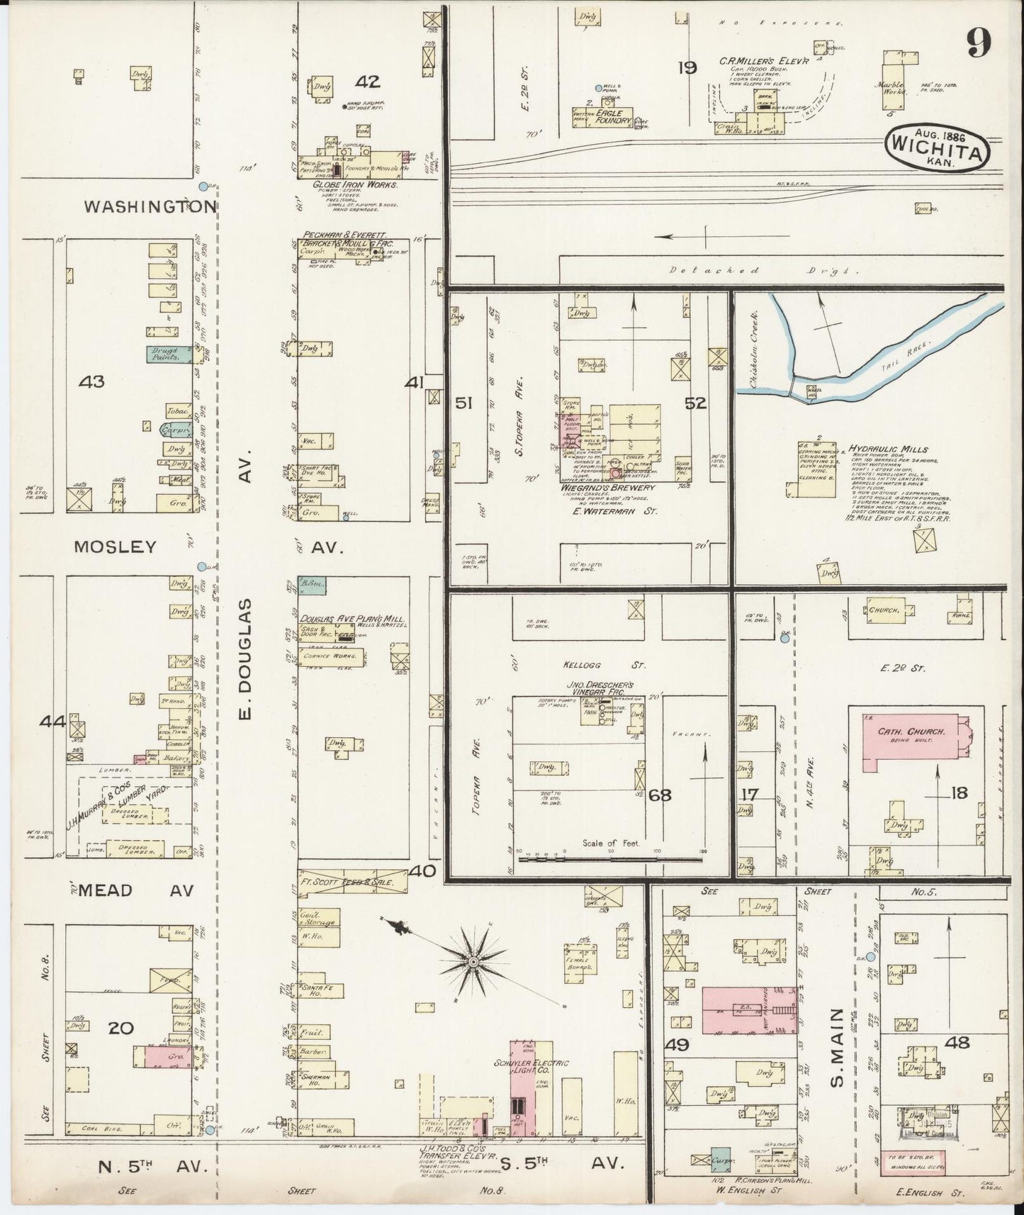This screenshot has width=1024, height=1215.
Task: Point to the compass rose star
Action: [x=473, y=962]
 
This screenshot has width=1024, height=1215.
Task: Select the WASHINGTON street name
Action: [x=150, y=206]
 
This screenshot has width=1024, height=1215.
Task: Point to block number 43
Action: [x=91, y=382]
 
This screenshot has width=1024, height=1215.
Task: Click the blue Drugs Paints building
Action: [x=169, y=354]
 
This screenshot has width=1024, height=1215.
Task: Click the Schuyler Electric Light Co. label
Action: [x=531, y=1068]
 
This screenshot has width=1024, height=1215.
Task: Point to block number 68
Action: [x=660, y=795]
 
